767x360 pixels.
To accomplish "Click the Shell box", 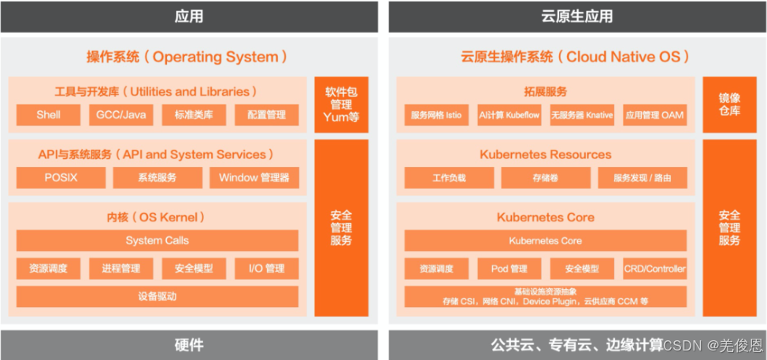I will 48,115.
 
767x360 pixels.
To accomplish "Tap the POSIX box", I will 61,178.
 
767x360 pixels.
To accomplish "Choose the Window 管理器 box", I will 254,178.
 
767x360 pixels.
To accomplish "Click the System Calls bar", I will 157,241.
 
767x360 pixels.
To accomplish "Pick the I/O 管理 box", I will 267,269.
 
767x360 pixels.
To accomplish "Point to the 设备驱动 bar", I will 157,297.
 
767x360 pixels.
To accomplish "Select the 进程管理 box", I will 120,269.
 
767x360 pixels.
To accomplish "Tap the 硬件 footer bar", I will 189,345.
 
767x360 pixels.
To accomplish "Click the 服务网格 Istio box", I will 436,115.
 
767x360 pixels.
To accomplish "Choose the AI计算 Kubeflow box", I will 509,115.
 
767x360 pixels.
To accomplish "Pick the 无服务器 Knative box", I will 582,115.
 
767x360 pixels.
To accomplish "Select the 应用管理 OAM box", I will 654,115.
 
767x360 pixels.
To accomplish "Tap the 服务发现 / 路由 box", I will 643,178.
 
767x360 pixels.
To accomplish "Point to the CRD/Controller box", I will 654,269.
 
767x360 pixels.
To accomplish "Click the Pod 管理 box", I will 509,269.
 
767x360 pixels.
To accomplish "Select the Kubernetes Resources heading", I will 545,154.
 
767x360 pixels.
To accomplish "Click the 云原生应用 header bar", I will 577,17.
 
